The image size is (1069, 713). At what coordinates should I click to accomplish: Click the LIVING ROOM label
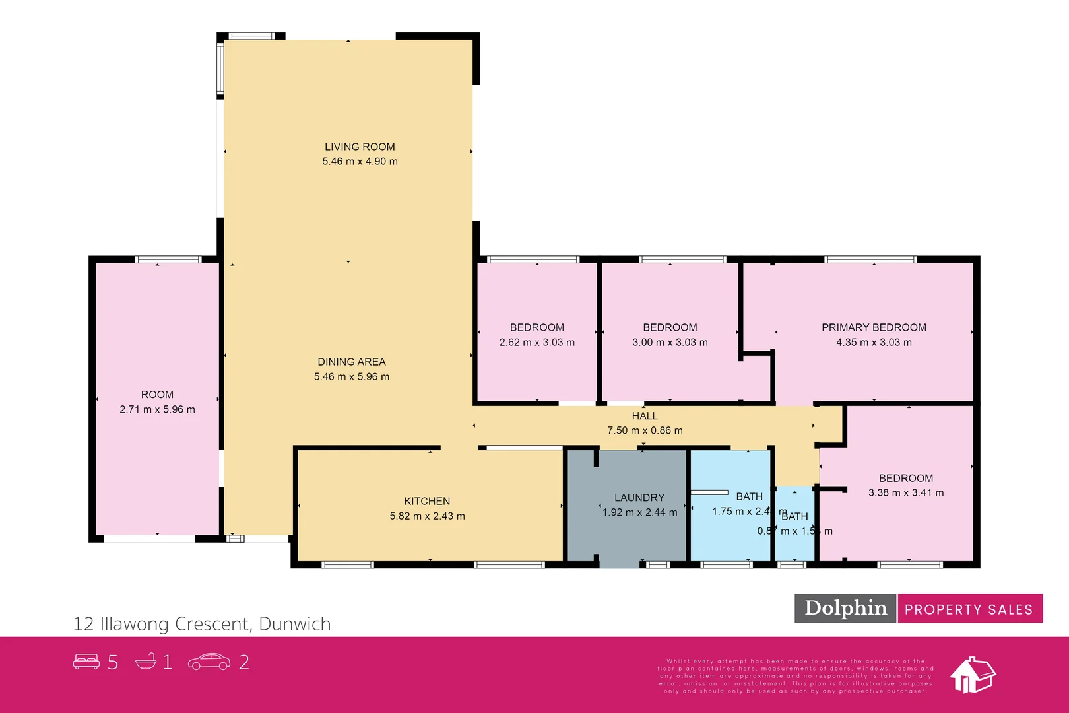click(x=360, y=147)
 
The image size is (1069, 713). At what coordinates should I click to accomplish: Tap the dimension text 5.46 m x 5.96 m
click(x=351, y=377)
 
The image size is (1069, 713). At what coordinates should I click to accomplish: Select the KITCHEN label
click(x=427, y=501)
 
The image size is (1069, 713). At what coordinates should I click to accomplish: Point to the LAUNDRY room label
click(x=639, y=498)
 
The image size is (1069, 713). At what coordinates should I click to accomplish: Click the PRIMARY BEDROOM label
click(x=874, y=327)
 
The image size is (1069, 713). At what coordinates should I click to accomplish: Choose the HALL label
click(x=645, y=416)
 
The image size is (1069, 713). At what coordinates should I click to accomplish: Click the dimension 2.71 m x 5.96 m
click(x=157, y=409)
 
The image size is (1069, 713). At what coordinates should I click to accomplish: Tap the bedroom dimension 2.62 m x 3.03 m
click(x=536, y=342)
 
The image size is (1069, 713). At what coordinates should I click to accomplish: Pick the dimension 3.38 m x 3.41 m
click(x=905, y=492)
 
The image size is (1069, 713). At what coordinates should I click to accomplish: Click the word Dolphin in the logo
click(x=845, y=608)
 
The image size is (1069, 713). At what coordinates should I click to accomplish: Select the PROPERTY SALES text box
click(x=969, y=609)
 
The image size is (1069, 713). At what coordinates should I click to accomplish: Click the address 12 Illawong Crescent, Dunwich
click(x=202, y=624)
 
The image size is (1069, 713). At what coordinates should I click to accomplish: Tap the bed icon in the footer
click(x=86, y=662)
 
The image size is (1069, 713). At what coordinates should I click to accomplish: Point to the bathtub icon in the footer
click(x=146, y=662)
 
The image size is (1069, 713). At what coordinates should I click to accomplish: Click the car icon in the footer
click(x=209, y=662)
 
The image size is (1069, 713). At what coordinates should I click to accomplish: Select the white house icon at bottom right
click(x=972, y=675)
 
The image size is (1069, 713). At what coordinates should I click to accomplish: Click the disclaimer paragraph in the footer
click(x=795, y=676)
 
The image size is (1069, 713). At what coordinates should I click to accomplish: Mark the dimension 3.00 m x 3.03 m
click(x=670, y=342)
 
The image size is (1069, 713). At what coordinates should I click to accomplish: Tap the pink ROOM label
click(x=157, y=395)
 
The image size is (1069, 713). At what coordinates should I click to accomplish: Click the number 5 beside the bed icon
click(x=113, y=662)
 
